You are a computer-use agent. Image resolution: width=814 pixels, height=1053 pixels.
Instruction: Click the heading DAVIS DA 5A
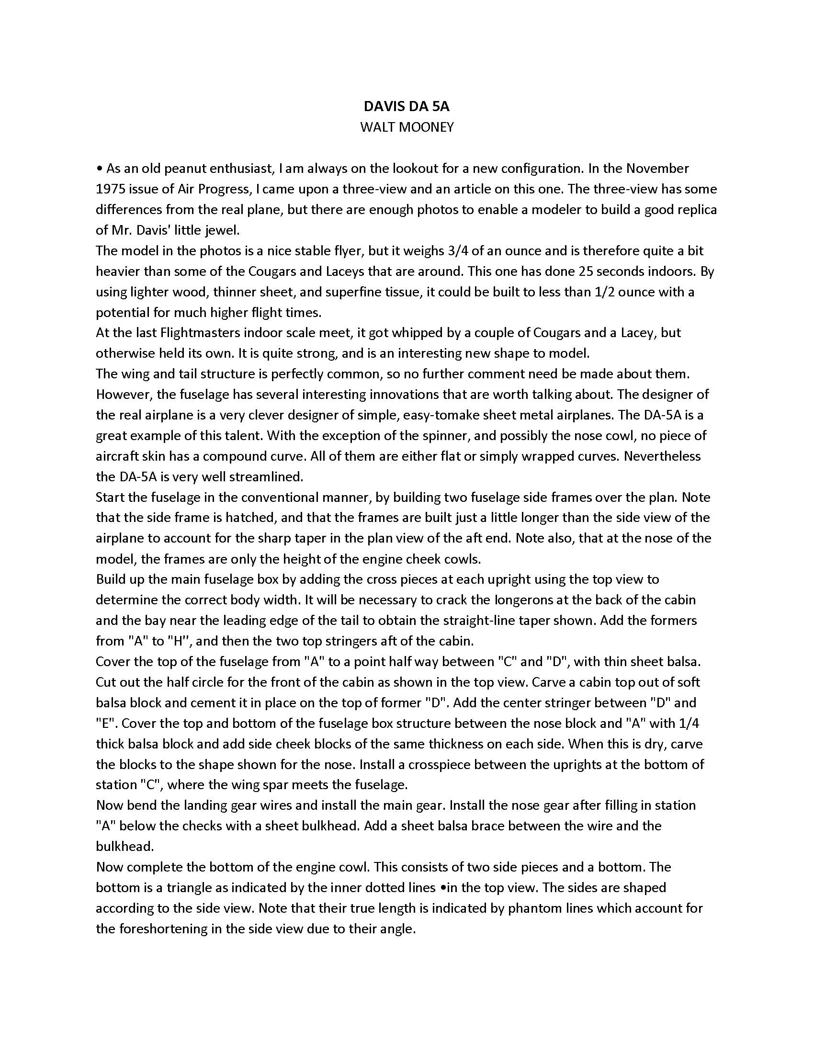[407, 106]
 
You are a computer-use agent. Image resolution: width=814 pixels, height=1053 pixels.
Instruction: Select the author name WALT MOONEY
[407, 127]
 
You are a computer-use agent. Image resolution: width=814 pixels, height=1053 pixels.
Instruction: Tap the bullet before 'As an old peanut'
[99, 169]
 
